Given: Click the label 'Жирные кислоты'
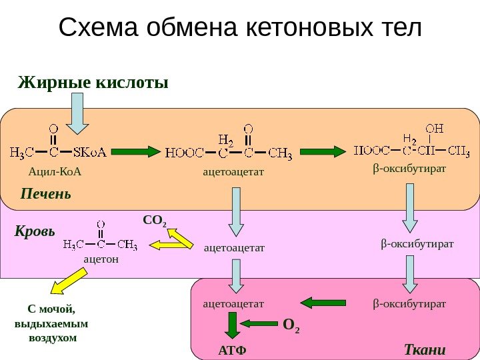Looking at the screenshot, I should (93, 83).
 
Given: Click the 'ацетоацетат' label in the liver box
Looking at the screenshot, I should (233, 172).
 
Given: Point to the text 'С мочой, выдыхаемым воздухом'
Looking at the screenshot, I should (51, 323).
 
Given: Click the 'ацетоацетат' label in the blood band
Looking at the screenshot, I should (233, 248).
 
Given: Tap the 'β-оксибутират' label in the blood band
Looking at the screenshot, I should (417, 244).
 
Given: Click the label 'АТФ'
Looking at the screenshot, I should (232, 351).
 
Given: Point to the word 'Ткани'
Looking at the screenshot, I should (425, 350).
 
